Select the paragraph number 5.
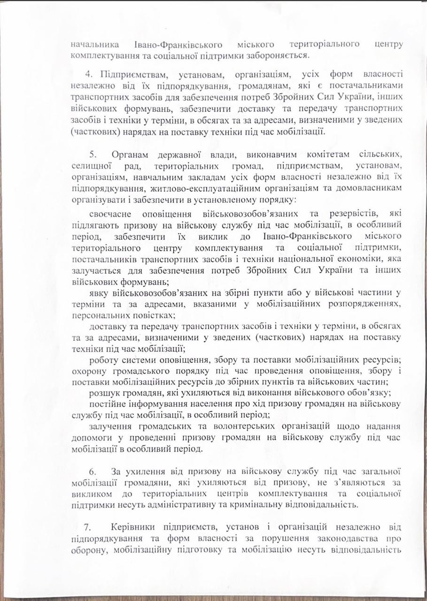coord(93,154)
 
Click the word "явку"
coord(99,293)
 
